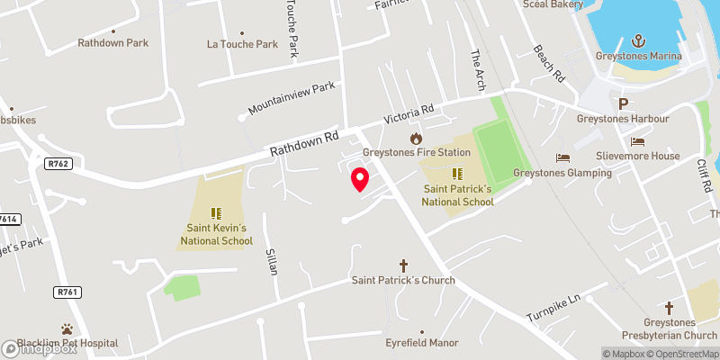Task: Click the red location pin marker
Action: click(x=360, y=178)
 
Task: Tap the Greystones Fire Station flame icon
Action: click(x=416, y=138)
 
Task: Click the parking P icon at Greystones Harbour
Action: click(x=622, y=103)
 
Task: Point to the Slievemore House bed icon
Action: click(x=638, y=141)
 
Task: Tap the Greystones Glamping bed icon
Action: click(x=562, y=157)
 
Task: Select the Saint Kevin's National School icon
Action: click(x=215, y=212)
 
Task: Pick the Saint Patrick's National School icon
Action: click(x=456, y=173)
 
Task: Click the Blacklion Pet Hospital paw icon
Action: click(x=67, y=329)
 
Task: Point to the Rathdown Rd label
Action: click(x=306, y=142)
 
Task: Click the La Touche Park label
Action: click(x=242, y=43)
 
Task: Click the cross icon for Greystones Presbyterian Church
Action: click(x=668, y=308)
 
